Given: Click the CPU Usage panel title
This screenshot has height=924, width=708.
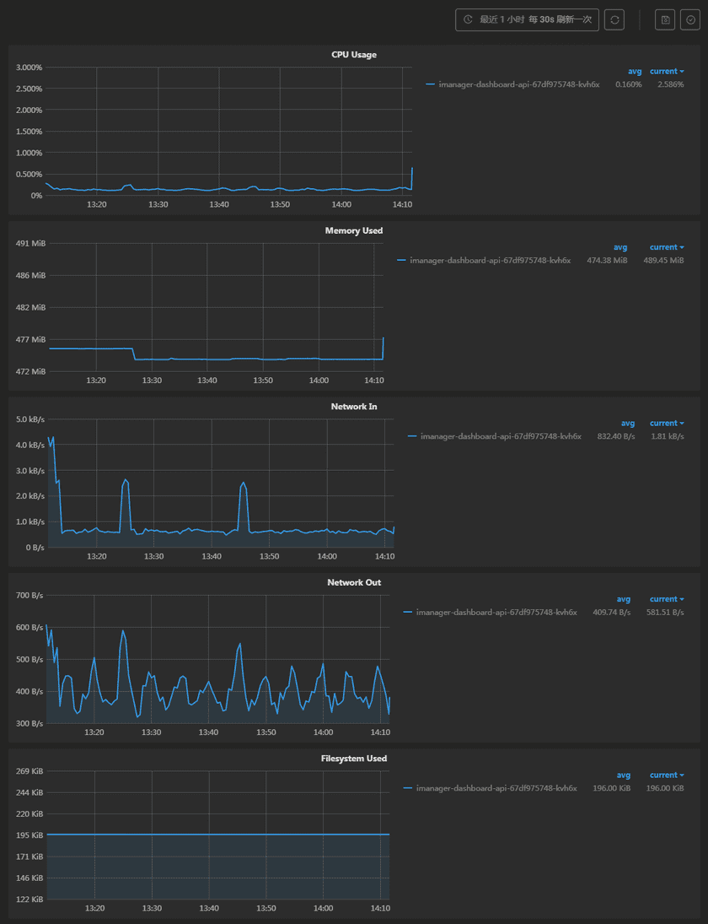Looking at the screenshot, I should point(354,55).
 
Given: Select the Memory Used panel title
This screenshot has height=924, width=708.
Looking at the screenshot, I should point(354,230).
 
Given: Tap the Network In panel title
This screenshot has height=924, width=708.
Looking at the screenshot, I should point(354,407).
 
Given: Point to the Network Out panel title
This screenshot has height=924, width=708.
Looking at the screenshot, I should point(354,582).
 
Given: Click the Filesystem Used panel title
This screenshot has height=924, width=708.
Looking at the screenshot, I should point(354,759).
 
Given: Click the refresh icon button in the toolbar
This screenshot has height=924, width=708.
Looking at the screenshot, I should point(614,19).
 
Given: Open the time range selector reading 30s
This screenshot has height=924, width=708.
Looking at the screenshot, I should point(527,19).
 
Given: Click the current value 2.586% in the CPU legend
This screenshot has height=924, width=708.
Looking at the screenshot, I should point(671,84).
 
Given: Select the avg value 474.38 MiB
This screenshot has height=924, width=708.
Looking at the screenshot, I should point(607,261).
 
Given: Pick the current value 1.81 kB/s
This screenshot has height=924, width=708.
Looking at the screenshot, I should point(668,436).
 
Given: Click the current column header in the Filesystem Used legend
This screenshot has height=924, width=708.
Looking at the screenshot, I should point(664,775).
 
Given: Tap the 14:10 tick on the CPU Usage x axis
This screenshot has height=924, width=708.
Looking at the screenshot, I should point(403,205).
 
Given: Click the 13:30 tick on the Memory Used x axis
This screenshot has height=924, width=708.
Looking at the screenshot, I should point(152,381).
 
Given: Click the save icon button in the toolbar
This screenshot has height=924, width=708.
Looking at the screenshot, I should point(665,19).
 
